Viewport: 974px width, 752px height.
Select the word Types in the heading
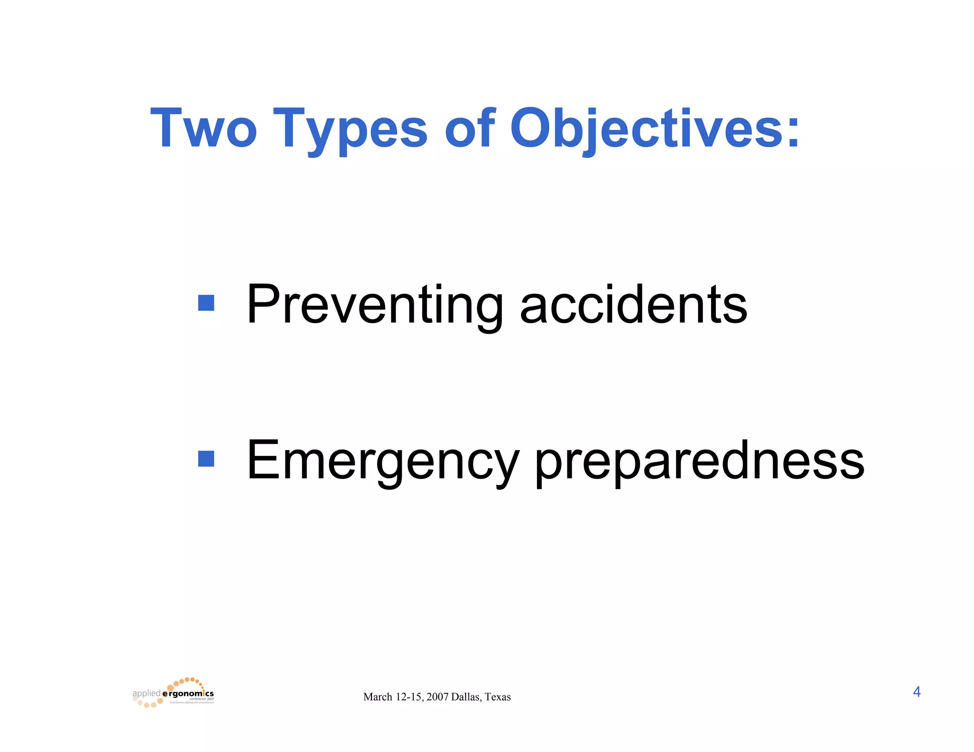pyautogui.click(x=350, y=128)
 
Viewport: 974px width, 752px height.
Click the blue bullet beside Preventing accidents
pyautogui.click(x=206, y=303)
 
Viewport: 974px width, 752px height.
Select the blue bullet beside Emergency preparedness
pyautogui.click(x=206, y=459)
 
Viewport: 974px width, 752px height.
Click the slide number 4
pyautogui.click(x=916, y=692)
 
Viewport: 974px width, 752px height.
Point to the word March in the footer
pyautogui.click(x=378, y=697)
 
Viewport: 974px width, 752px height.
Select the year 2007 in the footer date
pyautogui.click(x=437, y=697)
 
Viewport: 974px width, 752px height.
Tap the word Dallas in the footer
pyautogui.click(x=466, y=697)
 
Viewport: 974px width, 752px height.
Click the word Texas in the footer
pyautogui.click(x=497, y=697)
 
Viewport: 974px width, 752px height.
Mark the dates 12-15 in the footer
pyautogui.click(x=409, y=697)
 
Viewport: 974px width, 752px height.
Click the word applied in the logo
pyautogui.click(x=146, y=694)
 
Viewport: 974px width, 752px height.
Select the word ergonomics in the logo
pyautogui.click(x=188, y=694)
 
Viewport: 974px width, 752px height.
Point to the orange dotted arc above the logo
pyautogui.click(x=188, y=681)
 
